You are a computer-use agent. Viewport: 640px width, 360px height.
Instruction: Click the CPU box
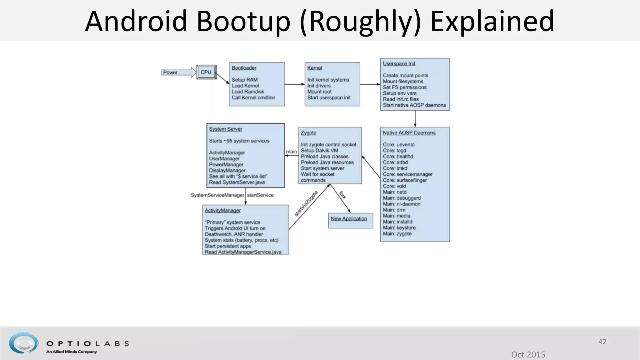(206, 72)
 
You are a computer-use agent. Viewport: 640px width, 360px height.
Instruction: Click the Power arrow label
(170, 72)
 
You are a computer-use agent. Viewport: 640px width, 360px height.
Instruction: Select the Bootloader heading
(244, 68)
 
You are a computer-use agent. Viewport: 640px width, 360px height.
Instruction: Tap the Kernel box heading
(314, 68)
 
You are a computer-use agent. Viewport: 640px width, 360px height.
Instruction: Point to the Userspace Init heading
(399, 64)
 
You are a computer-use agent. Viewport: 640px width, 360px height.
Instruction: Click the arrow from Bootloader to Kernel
(294, 84)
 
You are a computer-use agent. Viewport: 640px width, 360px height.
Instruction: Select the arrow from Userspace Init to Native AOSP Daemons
(415, 119)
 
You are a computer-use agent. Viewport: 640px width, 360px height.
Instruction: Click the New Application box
(350, 220)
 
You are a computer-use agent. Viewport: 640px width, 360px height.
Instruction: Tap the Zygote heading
(308, 133)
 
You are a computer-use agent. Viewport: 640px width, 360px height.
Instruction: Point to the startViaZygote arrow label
(306, 203)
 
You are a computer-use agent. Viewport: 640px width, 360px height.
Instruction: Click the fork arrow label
(343, 195)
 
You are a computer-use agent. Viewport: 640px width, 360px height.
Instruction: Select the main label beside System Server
(291, 152)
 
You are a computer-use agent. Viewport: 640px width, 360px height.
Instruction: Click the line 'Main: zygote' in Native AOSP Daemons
(397, 234)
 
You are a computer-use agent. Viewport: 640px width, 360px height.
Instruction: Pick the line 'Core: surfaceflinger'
(405, 180)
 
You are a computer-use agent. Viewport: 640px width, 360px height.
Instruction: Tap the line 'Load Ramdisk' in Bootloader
(248, 92)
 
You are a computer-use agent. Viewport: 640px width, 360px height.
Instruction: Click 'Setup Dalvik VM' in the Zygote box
(319, 151)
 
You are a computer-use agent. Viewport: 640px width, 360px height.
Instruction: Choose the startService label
(260, 195)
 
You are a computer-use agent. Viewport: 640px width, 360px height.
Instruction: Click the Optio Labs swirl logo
(24, 343)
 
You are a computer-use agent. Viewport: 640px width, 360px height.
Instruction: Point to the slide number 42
(602, 342)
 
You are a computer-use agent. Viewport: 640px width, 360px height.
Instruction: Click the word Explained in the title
(492, 21)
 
